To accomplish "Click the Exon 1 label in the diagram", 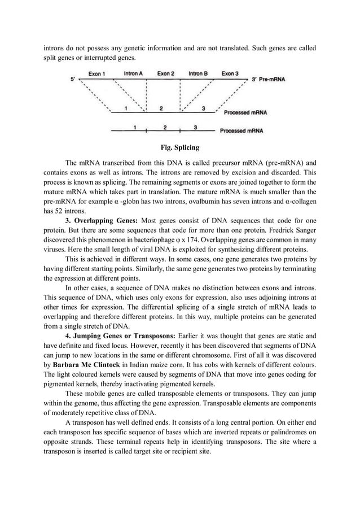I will point(99,73).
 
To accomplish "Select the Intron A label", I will point(133,73).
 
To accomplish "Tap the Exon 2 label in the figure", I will point(165,73).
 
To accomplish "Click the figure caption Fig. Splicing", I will point(179,148).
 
